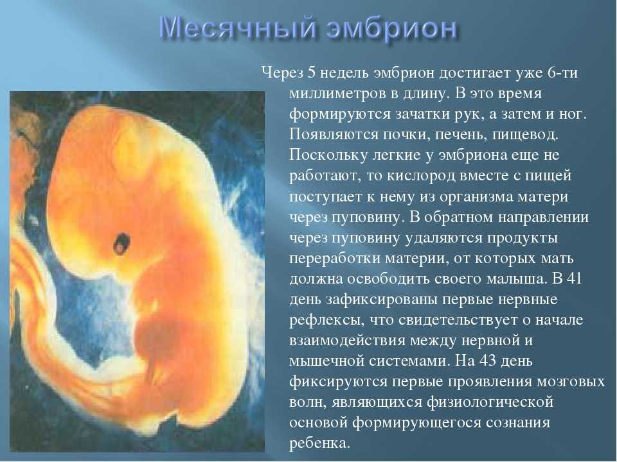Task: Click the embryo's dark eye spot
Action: (121, 244)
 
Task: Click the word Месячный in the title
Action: (238, 28)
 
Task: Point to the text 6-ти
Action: (563, 73)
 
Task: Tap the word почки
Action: (404, 135)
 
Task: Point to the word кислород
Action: (420, 176)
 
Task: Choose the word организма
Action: (475, 196)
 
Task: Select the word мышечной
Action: (326, 361)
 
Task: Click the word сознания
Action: (517, 422)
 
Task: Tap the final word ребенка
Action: (319, 443)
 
